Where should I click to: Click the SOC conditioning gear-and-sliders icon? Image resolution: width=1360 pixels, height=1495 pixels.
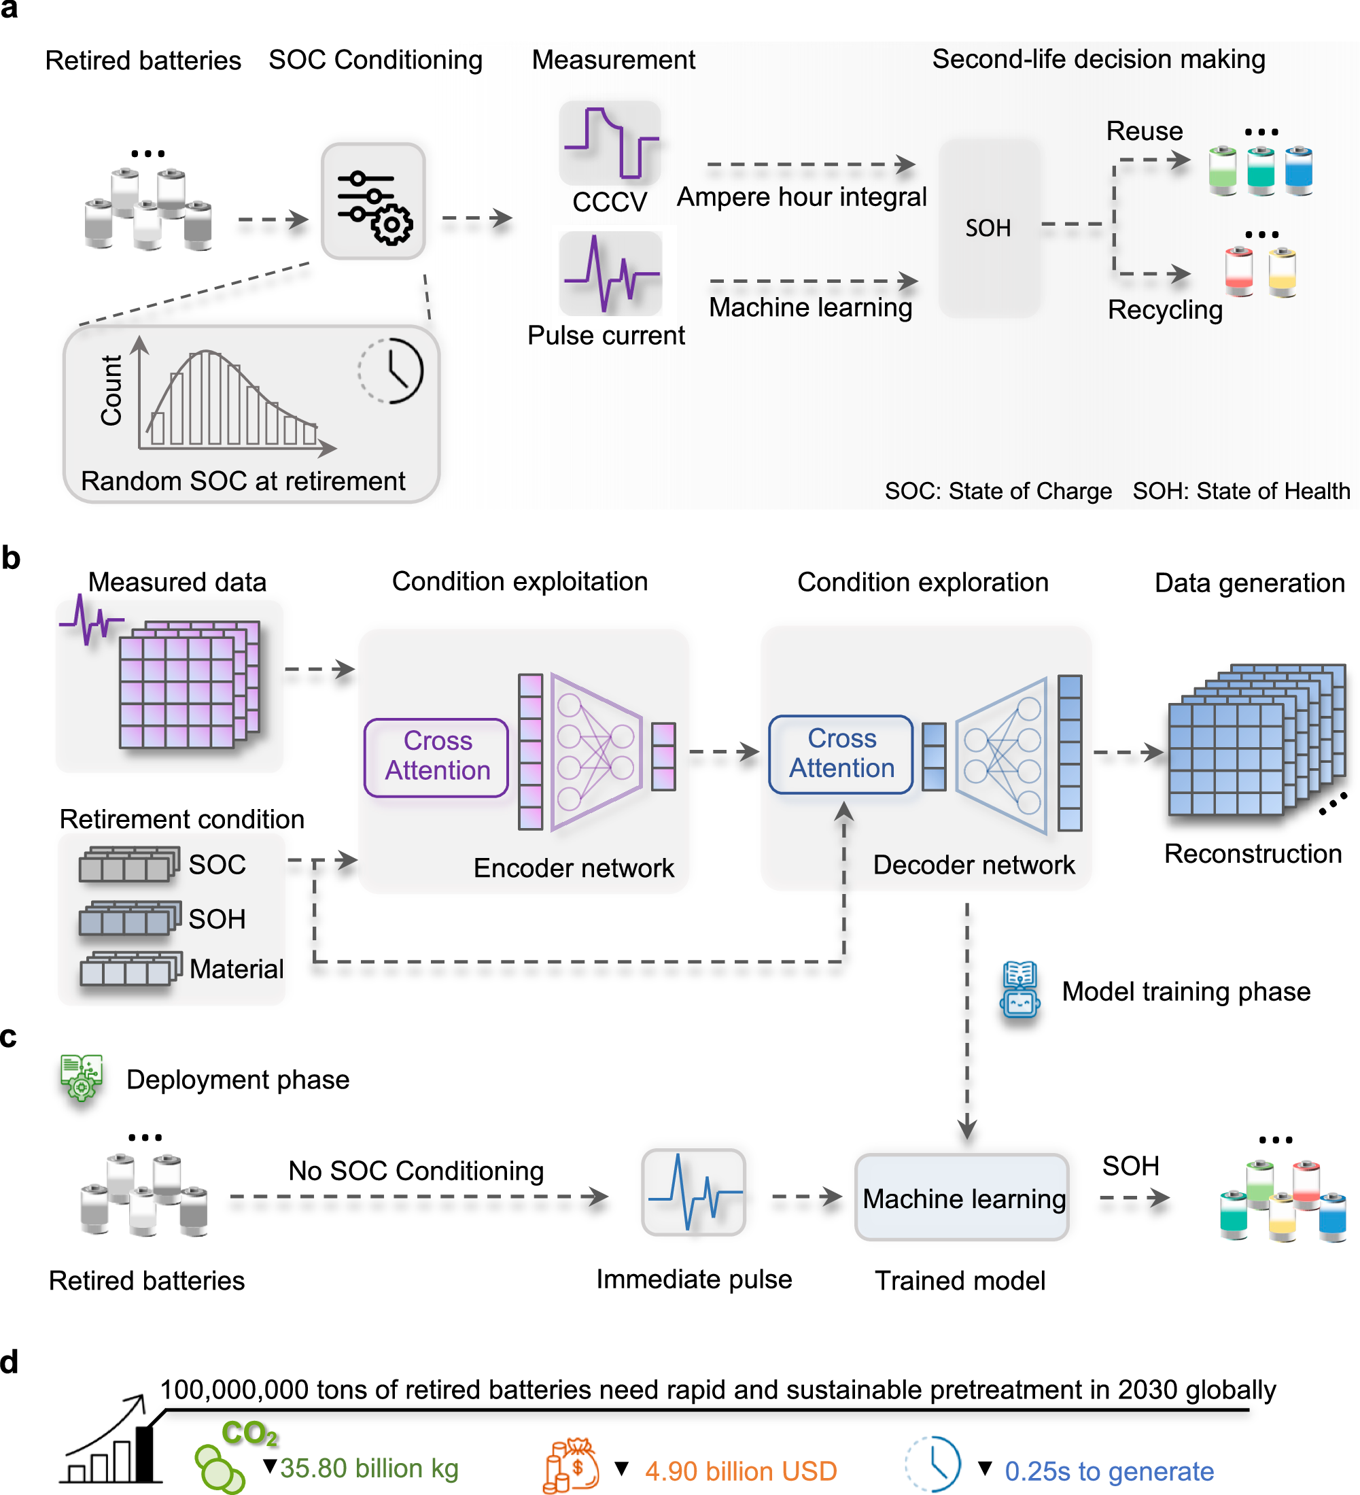tap(373, 201)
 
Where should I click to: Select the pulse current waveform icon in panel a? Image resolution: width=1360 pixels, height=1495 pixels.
tap(610, 273)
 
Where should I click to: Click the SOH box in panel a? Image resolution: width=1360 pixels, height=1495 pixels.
tap(988, 228)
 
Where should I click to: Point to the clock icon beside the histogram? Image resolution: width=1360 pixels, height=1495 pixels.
tap(391, 370)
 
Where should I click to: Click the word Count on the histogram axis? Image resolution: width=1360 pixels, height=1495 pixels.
tap(111, 390)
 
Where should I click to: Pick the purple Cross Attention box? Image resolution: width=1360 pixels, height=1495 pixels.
tap(437, 757)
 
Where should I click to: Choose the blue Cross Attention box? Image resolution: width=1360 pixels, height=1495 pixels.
tap(841, 754)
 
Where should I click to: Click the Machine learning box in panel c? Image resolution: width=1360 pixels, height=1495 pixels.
tap(962, 1197)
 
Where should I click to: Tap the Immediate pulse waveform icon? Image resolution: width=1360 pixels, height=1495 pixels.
tap(693, 1192)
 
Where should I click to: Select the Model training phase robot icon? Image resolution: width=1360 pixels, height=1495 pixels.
tap(1019, 990)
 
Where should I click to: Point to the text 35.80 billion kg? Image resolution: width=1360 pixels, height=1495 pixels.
tap(369, 1468)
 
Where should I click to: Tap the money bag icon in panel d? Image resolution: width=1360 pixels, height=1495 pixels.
tap(572, 1465)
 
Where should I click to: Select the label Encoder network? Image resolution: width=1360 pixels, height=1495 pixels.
tap(574, 867)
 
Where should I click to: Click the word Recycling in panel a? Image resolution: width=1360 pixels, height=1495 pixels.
tap(1165, 310)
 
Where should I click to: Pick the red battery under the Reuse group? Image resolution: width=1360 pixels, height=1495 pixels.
tap(1239, 271)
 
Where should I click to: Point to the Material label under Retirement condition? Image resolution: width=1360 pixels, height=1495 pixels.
tap(237, 969)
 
